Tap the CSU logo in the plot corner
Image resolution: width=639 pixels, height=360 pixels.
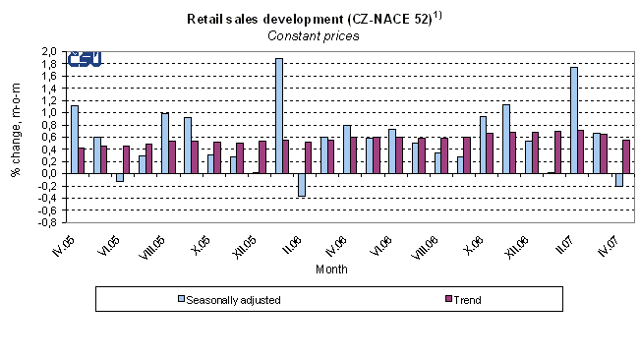point(84,59)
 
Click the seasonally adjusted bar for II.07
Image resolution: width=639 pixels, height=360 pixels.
point(573,120)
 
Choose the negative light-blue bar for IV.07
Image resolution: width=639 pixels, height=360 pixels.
point(618,179)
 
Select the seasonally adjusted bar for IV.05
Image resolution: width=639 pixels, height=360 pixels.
point(74,139)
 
